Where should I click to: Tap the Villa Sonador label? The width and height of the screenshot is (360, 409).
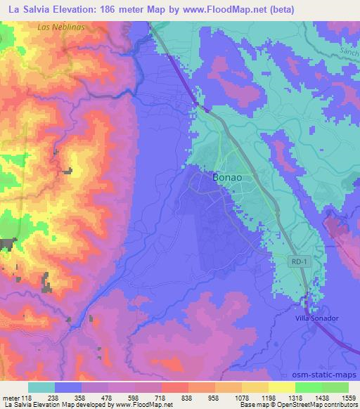(x=316, y=318)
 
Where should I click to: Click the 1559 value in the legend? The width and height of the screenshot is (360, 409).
(x=348, y=397)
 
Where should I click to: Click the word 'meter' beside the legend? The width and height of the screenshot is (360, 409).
(x=12, y=397)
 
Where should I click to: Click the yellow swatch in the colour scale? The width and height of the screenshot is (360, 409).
(x=282, y=387)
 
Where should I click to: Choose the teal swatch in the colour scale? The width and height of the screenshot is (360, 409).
(x=41, y=387)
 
